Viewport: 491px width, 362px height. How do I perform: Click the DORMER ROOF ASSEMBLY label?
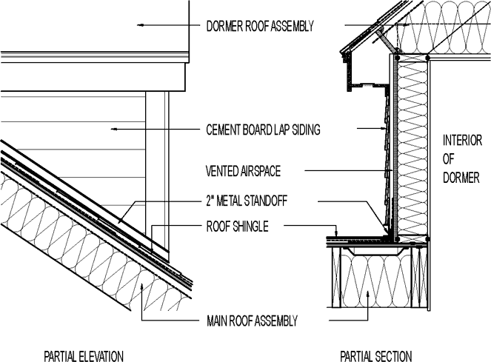pos(259,26)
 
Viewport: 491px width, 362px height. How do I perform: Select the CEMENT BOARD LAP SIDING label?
pos(262,130)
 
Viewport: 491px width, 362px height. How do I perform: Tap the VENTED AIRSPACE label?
pos(243,171)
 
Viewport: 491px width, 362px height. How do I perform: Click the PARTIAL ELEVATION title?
pos(84,355)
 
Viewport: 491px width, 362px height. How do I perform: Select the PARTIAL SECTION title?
pos(375,355)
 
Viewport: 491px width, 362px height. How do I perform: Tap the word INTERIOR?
pos(462,141)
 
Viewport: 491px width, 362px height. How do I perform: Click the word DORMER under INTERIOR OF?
pos(462,178)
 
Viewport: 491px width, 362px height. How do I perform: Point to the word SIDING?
pos(304,130)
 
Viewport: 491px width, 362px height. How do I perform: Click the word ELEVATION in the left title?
pos(101,355)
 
